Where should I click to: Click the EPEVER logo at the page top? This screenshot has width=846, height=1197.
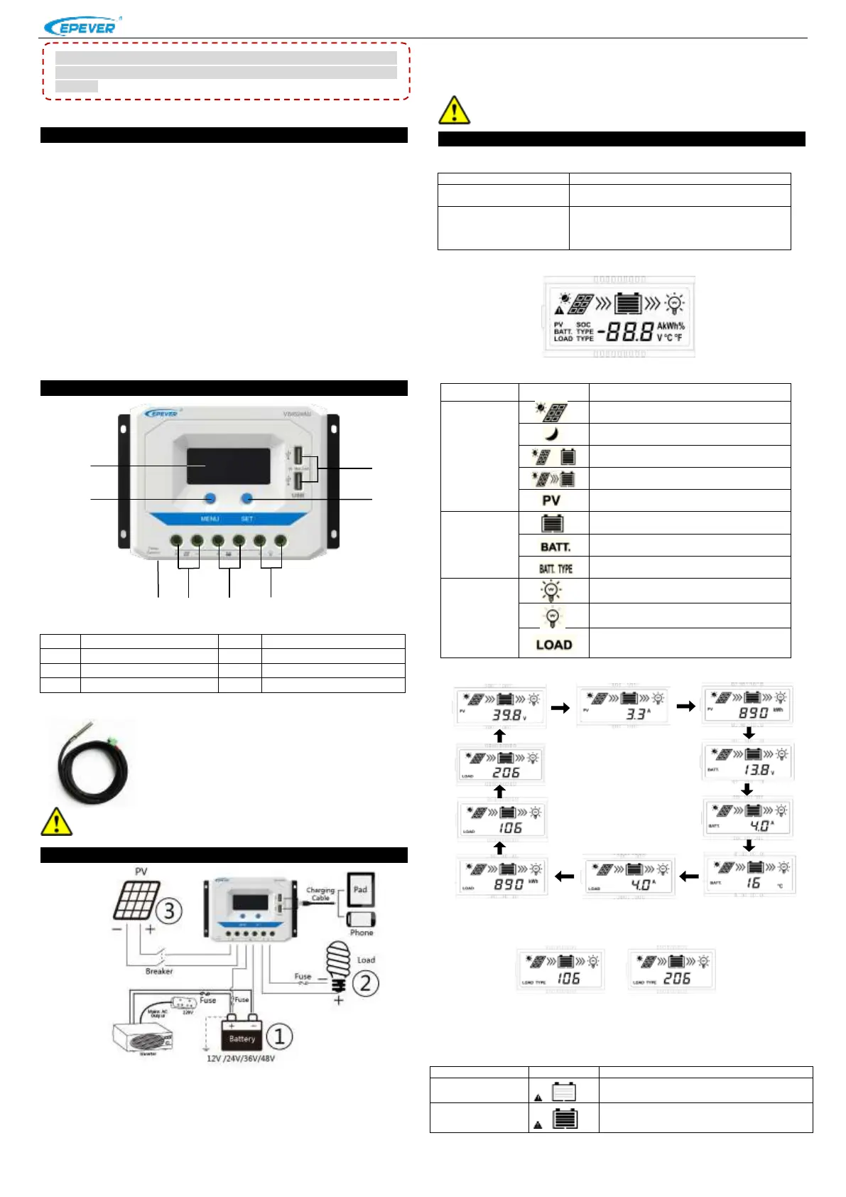(80, 27)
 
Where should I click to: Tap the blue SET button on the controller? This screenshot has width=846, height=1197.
(246, 498)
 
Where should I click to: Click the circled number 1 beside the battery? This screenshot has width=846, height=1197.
(279, 1036)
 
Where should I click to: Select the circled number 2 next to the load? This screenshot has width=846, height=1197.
(365, 983)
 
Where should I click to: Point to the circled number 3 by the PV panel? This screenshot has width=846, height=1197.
(169, 911)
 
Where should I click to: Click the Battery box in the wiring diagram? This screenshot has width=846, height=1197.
(242, 1038)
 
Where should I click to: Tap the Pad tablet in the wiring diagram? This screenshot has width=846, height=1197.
(360, 889)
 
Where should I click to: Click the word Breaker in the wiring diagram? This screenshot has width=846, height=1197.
(158, 971)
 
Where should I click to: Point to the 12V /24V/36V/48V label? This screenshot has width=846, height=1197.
(240, 1058)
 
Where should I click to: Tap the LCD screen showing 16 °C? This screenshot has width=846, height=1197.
(749, 875)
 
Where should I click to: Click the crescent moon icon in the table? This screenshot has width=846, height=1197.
(552, 434)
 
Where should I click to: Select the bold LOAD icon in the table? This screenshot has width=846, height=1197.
(553, 644)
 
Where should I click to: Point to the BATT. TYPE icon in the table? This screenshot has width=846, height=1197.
(555, 568)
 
